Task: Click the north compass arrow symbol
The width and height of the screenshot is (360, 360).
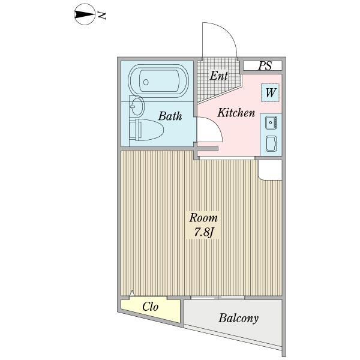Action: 83,16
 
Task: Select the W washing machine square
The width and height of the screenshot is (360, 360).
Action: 271,93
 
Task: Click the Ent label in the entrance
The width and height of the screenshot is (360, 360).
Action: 218,76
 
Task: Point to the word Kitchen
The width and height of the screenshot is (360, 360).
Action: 236,113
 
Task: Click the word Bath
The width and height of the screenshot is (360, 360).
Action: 170,116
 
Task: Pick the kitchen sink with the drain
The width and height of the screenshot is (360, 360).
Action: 271,122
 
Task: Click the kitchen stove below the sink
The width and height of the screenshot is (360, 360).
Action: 271,143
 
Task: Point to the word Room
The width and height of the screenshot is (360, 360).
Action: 203,217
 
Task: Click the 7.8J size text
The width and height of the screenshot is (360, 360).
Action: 203,232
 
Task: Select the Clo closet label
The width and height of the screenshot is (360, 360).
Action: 150,307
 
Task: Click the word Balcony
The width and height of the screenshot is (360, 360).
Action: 238,318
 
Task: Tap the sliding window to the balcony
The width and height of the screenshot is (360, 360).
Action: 218,298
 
